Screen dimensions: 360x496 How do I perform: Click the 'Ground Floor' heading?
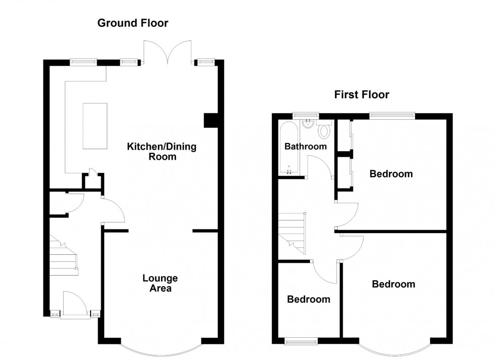point(133,23)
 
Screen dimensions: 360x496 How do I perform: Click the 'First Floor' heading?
point(361,95)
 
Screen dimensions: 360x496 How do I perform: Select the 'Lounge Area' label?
point(160,283)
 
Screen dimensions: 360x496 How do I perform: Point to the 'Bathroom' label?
point(305,147)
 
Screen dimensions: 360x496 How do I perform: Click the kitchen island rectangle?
point(95,126)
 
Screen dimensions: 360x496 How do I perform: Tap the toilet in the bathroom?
point(323,131)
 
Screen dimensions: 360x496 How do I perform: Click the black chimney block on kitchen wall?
point(210,121)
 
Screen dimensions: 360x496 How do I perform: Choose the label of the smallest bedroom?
point(308,299)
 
